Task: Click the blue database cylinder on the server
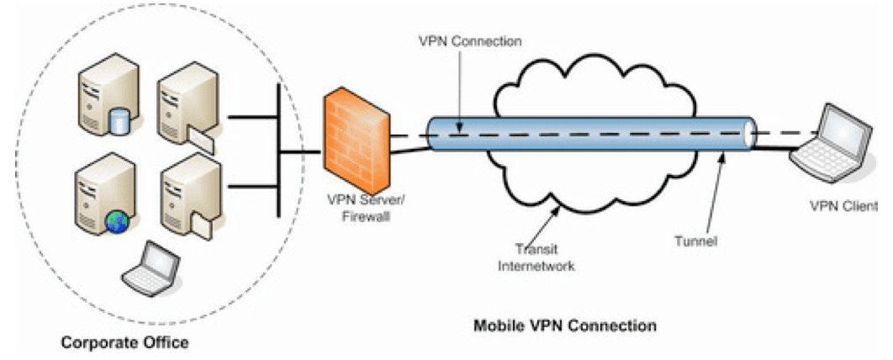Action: point(120,122)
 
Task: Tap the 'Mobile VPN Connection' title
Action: point(564,324)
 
